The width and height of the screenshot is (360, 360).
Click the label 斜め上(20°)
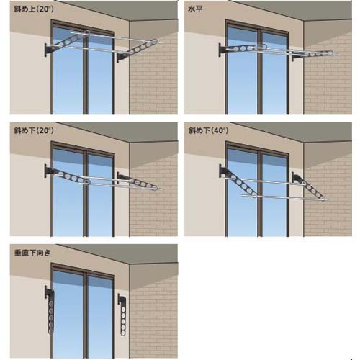tap(34, 9)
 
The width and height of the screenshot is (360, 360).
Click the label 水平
tap(195, 9)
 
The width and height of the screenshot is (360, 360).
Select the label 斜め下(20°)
tap(34, 130)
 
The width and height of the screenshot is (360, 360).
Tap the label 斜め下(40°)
tap(208, 130)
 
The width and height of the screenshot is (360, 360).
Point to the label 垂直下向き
tap(32, 253)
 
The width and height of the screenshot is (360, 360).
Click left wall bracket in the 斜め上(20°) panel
tap(49, 50)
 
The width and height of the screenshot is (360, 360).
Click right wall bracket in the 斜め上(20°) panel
tap(122, 58)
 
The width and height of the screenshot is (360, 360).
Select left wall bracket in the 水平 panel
tap(223, 50)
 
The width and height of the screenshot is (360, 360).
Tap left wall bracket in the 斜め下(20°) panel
tap(49, 171)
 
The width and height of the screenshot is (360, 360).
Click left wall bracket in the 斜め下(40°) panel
tap(224, 171)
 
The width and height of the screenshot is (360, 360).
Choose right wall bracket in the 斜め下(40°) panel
tap(297, 178)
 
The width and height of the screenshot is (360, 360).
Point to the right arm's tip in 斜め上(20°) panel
tap(155, 41)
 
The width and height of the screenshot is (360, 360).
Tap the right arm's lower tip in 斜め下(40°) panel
tap(323, 199)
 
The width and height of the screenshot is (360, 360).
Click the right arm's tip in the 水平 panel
tap(331, 53)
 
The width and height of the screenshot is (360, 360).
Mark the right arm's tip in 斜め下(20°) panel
tap(156, 188)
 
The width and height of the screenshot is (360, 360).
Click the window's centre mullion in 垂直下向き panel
tap(86, 315)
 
